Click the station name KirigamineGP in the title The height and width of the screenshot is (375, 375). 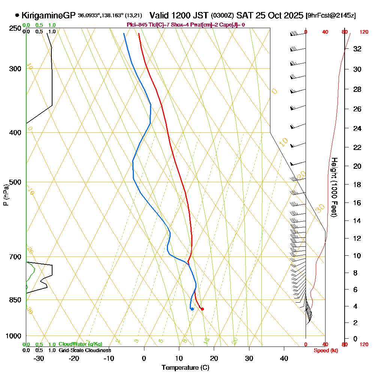click(x=49, y=16)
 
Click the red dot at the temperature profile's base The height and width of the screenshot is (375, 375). click(x=202, y=309)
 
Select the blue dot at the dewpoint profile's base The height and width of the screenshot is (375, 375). click(x=192, y=309)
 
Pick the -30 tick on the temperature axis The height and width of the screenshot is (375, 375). click(x=39, y=358)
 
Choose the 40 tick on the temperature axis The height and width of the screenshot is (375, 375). click(x=284, y=358)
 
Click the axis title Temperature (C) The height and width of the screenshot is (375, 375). click(x=185, y=368)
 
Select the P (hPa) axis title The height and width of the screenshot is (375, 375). click(x=6, y=195)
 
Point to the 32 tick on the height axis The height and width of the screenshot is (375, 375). click(x=357, y=49)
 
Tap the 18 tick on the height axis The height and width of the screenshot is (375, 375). click(x=357, y=184)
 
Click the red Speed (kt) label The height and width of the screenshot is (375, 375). click(x=325, y=351)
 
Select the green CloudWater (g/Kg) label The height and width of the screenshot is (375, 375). click(x=80, y=344)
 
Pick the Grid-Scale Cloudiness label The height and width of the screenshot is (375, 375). click(x=85, y=350)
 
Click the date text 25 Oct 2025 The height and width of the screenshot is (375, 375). click(x=279, y=16)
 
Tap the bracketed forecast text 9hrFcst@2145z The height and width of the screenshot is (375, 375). click(x=331, y=16)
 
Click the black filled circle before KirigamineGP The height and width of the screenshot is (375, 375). click(x=17, y=16)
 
